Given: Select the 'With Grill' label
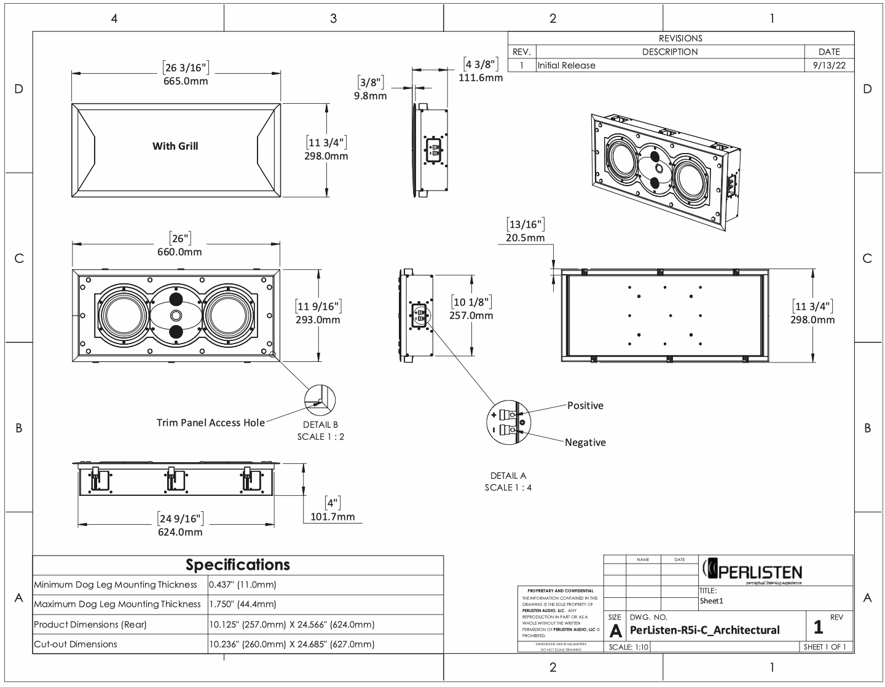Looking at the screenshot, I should (175, 146).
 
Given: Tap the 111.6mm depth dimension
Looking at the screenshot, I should (481, 77).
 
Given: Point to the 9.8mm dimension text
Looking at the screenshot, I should (370, 96).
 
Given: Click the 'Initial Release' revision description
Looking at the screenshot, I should (566, 66).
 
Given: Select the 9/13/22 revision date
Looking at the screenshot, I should (828, 66).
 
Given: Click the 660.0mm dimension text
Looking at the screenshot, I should (181, 252).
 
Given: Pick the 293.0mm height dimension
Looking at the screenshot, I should (318, 320).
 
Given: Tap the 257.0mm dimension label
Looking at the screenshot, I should (472, 316).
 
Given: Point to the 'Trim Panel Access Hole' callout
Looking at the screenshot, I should (211, 423).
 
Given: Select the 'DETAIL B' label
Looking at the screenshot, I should (320, 425).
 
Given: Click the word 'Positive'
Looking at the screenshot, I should (585, 406).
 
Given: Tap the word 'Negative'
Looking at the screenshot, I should (585, 442).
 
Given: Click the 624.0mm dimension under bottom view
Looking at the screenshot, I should (180, 532).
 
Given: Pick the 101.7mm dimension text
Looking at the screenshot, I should (332, 517).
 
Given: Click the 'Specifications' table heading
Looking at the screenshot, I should (238, 565).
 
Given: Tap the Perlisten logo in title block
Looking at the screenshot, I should (751, 571).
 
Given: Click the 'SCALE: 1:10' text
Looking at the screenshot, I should (628, 647).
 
